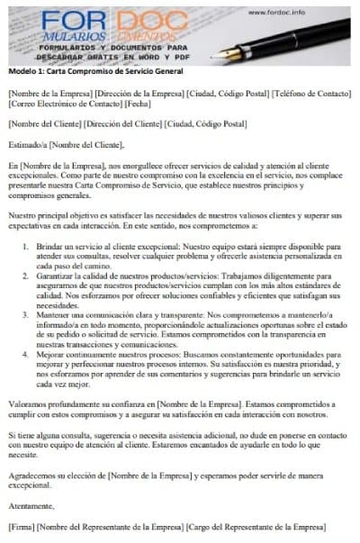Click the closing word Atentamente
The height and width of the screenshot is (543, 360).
click(31, 504)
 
